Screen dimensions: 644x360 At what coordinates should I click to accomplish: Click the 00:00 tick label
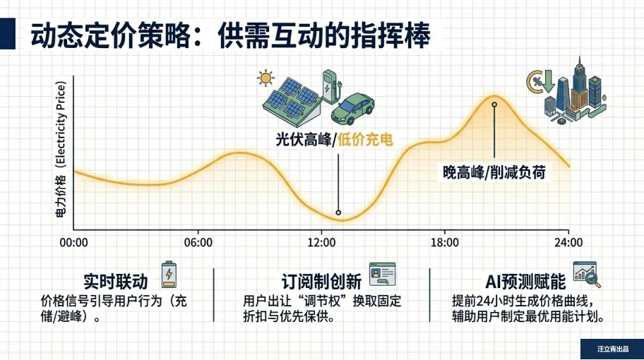click(x=73, y=243)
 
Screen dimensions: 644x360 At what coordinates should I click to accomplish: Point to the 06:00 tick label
click(x=198, y=243)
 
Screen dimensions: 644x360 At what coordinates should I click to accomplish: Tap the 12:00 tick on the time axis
click(x=321, y=243)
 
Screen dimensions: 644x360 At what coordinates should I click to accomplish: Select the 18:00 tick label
click(x=445, y=243)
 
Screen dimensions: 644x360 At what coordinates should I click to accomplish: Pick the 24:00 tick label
click(x=568, y=243)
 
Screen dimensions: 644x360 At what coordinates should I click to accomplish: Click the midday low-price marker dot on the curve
click(x=339, y=212)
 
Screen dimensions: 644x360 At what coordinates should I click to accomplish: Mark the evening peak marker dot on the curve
click(x=494, y=104)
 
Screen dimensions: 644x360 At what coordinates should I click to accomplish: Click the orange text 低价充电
click(x=365, y=140)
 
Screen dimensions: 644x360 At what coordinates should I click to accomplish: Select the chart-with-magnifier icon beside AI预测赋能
click(x=587, y=275)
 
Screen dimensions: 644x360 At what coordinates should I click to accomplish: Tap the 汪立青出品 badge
click(x=612, y=349)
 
